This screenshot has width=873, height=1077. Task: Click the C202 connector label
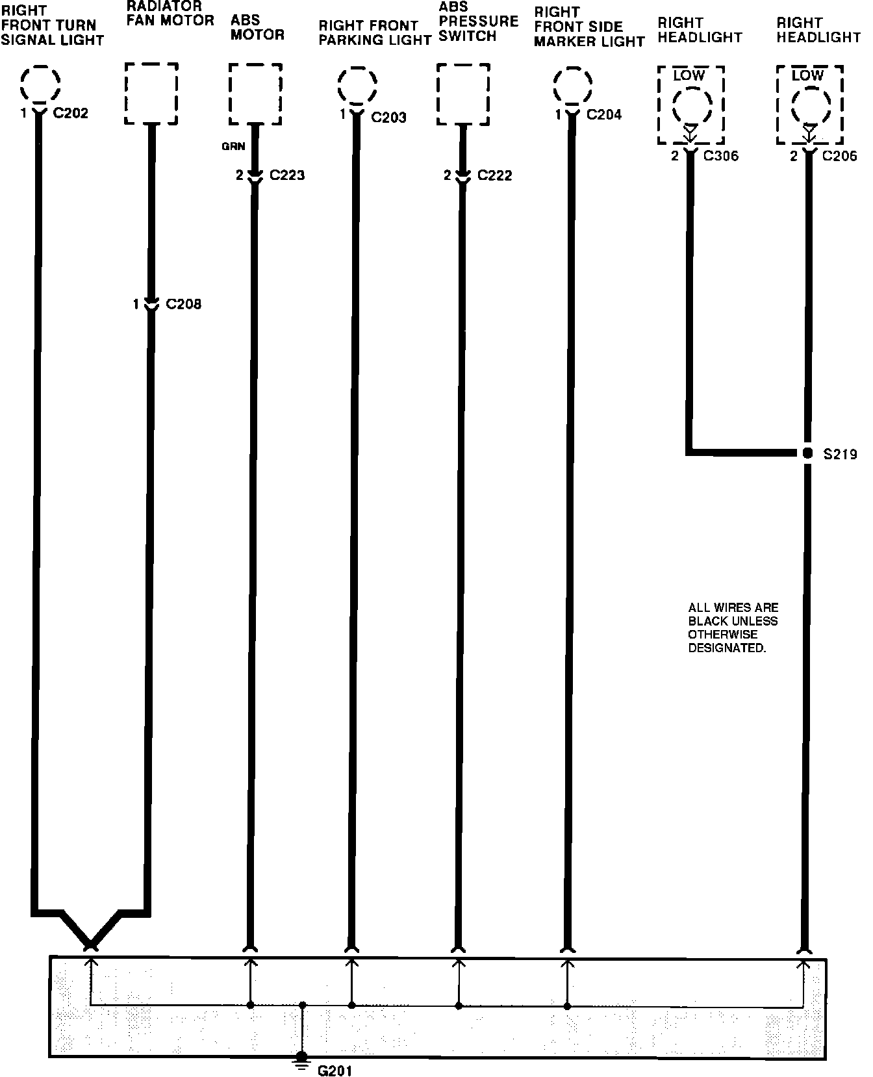click(70, 114)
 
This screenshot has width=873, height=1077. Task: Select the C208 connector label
click(183, 304)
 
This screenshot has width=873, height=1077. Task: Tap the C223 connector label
click(287, 175)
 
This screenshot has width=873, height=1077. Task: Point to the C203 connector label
click(388, 118)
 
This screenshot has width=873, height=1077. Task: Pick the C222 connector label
click(494, 176)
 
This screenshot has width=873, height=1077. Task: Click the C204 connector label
click(603, 115)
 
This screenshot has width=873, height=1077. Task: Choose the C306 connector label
click(720, 156)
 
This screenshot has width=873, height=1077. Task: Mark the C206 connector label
click(839, 156)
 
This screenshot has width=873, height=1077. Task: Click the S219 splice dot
click(807, 453)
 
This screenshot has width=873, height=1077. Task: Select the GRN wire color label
click(233, 147)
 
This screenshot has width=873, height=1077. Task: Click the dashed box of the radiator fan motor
click(151, 94)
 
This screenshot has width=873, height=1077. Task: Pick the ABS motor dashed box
click(255, 94)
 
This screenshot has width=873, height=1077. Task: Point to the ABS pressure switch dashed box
click(463, 94)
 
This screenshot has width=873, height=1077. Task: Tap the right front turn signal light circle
click(40, 84)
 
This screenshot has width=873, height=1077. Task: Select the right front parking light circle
click(357, 85)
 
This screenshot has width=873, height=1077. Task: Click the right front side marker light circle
click(572, 85)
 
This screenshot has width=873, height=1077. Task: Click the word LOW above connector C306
click(689, 75)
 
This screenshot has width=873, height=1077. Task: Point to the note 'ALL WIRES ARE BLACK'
click(733, 627)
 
